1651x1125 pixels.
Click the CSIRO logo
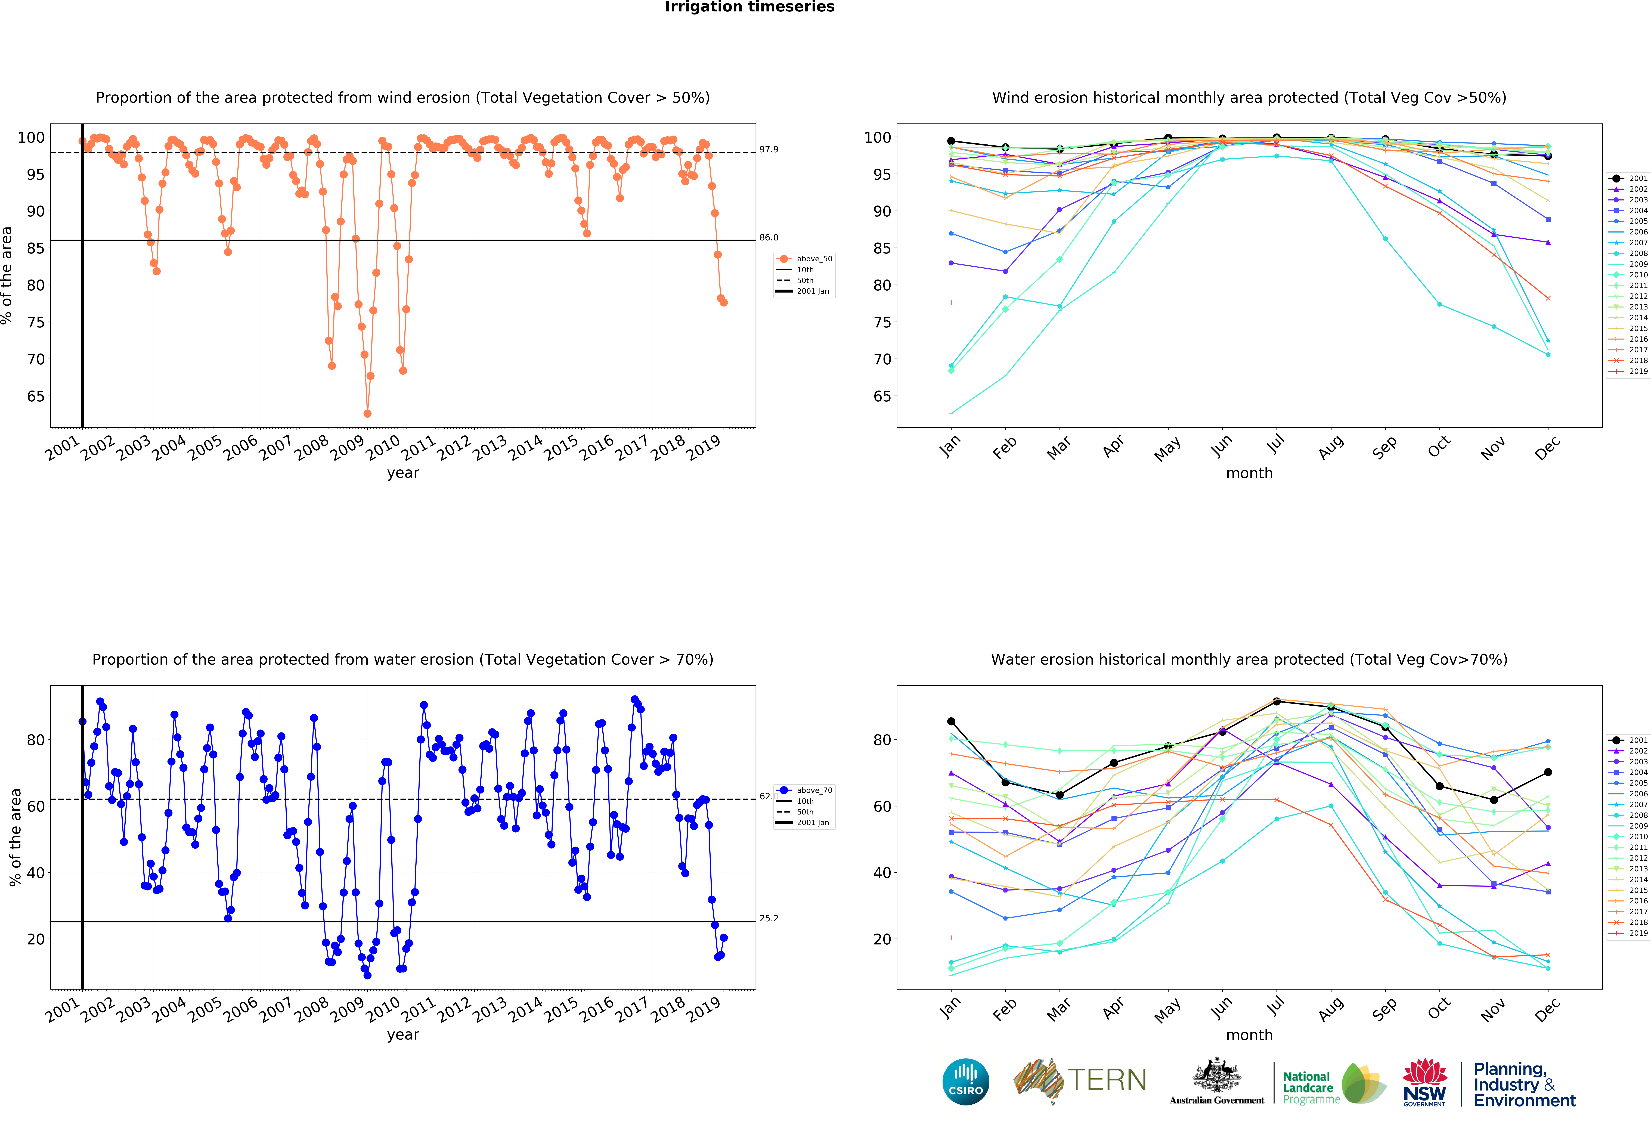coord(965,1082)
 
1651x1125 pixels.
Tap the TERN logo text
coord(1107,1080)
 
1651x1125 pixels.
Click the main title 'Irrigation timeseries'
coord(749,7)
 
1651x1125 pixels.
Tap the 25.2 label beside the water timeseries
coord(769,918)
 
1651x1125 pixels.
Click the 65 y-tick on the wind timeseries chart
coord(36,396)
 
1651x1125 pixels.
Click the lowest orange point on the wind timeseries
coord(367,413)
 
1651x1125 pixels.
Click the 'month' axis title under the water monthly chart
coord(1249,1035)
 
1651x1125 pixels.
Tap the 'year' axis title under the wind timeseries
coord(403,473)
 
